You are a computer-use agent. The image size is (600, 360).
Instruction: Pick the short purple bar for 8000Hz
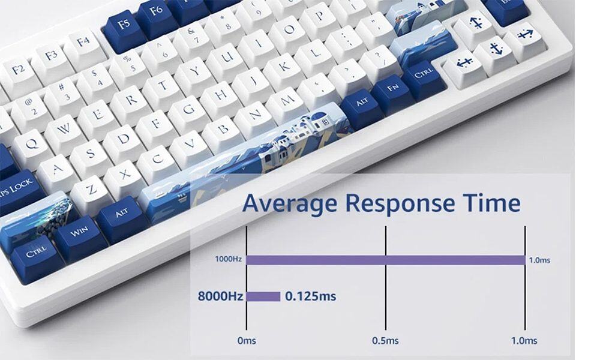[263, 296]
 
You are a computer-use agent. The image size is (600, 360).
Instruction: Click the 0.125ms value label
[310, 296]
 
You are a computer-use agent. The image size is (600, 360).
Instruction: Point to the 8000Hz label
[220, 296]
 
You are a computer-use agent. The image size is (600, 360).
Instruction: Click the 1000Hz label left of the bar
[228, 260]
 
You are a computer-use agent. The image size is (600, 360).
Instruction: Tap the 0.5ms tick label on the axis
[385, 340]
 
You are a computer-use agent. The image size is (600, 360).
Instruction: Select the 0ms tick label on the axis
[246, 340]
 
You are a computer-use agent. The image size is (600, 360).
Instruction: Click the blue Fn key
[392, 90]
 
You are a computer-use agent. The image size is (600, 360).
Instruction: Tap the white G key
[188, 110]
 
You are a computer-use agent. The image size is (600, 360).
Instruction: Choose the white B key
[224, 128]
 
